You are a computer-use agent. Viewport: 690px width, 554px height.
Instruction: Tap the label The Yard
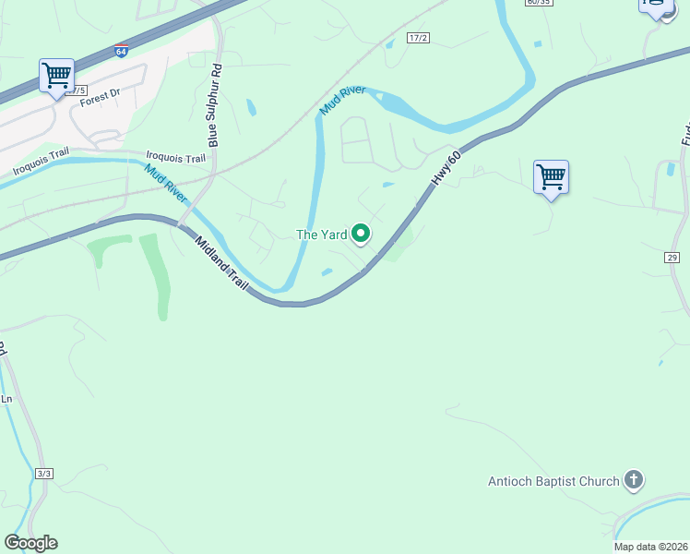(321, 235)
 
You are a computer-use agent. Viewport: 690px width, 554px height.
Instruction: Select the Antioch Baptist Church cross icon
(633, 480)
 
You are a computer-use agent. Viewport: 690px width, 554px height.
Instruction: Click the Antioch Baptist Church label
(553, 481)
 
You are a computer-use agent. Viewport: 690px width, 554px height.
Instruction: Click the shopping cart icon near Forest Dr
(56, 75)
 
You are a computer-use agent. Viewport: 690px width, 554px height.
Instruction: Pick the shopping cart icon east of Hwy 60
(551, 176)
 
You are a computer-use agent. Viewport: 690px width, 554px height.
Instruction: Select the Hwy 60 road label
(446, 164)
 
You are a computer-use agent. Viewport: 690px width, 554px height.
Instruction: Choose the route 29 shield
(672, 258)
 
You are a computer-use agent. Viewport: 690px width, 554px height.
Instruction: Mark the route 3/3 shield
(44, 473)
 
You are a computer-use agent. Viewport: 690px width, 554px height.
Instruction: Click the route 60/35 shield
(538, 3)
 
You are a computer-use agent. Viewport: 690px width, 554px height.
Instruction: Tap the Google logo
(30, 543)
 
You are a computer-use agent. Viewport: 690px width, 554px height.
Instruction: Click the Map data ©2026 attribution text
(651, 547)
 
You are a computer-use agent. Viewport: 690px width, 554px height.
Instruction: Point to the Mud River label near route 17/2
(343, 101)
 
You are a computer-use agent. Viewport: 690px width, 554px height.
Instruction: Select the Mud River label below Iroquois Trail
(163, 183)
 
